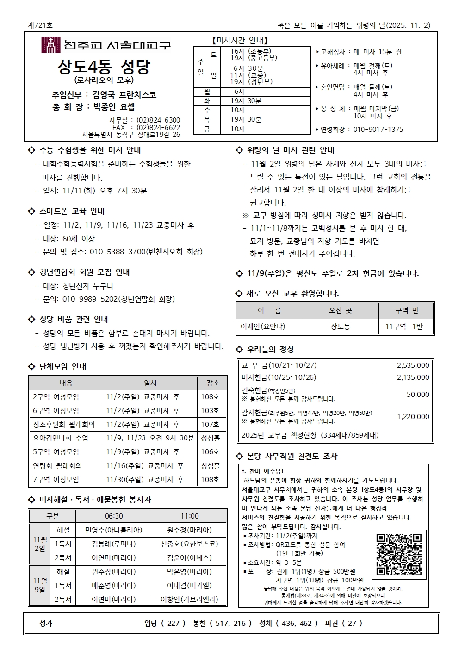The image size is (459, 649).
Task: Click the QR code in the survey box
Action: tap(398, 555)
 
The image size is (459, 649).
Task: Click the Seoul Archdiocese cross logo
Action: tap(51, 45)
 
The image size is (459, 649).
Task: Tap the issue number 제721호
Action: tap(40, 25)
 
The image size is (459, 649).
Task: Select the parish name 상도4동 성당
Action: tap(104, 67)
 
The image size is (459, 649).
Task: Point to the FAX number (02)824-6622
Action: tap(158, 127)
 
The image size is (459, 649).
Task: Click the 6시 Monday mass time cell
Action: tap(239, 92)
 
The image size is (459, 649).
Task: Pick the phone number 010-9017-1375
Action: tap(378, 130)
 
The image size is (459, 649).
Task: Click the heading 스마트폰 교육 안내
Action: tap(72, 211)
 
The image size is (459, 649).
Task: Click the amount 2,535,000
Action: tap(413, 365)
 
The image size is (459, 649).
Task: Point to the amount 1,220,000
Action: tap(413, 416)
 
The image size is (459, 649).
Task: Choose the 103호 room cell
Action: tap(210, 411)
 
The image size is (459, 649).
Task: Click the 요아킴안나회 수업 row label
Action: tap(60, 438)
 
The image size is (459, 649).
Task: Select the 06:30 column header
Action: tap(114, 516)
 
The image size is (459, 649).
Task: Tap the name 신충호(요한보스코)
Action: tap(189, 544)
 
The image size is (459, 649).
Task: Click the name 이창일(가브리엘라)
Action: tap(189, 599)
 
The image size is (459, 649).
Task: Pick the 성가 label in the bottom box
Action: tap(46, 624)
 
